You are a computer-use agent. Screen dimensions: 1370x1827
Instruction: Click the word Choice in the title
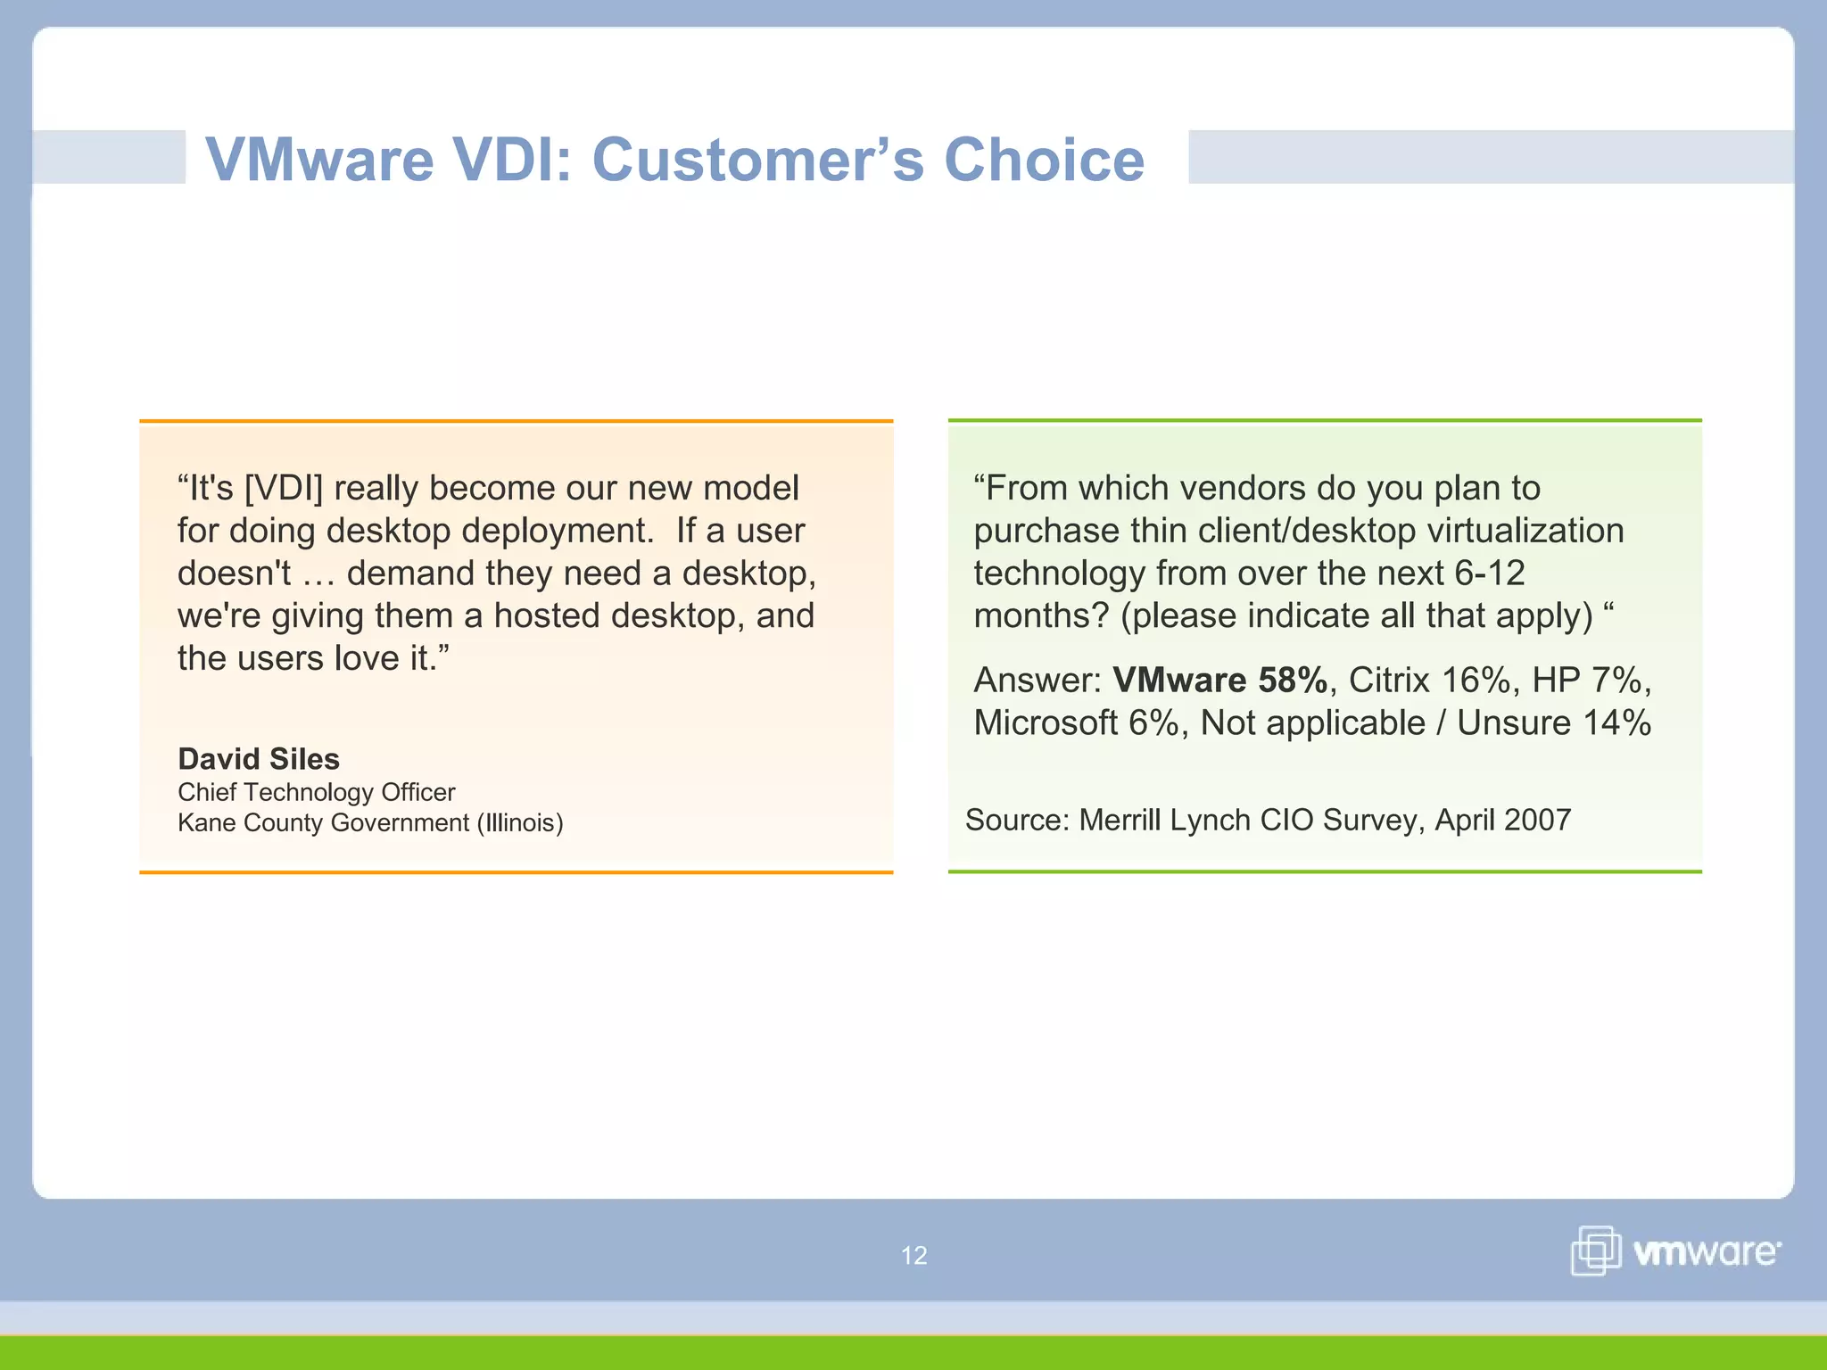click(x=1044, y=160)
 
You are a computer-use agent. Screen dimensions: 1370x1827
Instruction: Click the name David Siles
click(x=259, y=759)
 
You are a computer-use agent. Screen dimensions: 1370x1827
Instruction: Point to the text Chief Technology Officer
click(x=316, y=792)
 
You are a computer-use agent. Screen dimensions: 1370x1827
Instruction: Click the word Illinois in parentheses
click(x=520, y=822)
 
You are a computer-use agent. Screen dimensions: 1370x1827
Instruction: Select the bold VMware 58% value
click(x=1219, y=681)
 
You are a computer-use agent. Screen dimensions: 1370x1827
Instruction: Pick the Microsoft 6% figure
click(x=1077, y=723)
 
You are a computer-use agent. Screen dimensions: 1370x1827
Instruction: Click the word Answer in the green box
click(x=1035, y=681)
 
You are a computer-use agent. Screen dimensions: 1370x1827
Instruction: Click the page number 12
click(x=913, y=1256)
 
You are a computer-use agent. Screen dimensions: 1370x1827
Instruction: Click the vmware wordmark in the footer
click(x=1706, y=1252)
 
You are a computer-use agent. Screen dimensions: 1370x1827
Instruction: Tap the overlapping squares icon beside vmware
click(x=1595, y=1250)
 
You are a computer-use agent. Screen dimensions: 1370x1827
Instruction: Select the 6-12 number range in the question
click(x=1489, y=574)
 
